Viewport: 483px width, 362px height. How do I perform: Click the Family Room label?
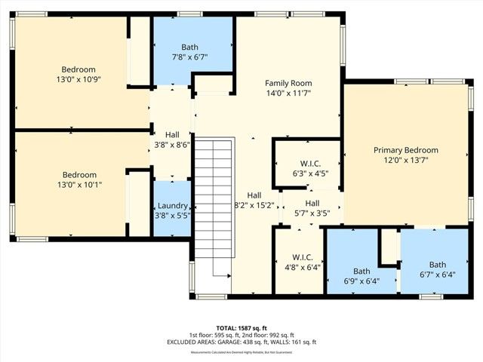tap(288, 83)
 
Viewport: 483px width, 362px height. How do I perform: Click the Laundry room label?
tap(172, 206)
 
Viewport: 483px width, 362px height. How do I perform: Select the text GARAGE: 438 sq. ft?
tap(250, 342)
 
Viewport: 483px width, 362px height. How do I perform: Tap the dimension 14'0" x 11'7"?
tap(288, 93)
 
